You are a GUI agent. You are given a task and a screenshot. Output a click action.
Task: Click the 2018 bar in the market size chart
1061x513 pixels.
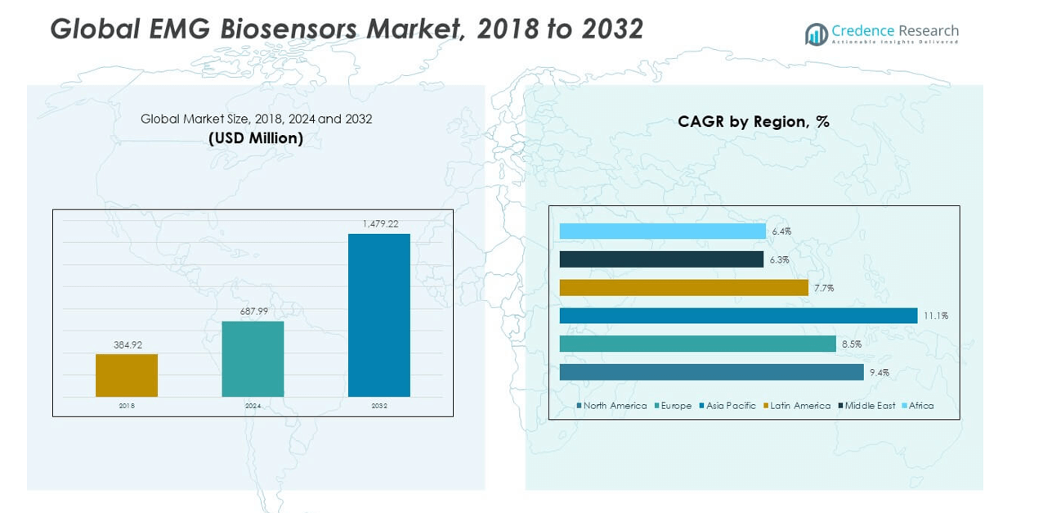[127, 376]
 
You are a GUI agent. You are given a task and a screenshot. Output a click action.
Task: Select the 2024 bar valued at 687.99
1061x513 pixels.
[253, 358]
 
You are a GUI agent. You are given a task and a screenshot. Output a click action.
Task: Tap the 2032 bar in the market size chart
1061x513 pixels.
[379, 315]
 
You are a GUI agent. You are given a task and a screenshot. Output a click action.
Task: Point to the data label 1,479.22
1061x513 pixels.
[379, 223]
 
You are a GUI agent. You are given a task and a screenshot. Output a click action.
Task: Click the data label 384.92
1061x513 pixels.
[127, 344]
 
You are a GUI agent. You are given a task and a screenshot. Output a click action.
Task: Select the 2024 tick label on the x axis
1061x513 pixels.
[253, 406]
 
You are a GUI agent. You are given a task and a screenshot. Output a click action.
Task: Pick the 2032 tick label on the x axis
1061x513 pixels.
[379, 406]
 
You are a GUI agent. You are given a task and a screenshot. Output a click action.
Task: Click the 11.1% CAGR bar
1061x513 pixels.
[738, 316]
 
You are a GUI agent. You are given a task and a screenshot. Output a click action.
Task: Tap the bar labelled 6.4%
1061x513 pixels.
[662, 232]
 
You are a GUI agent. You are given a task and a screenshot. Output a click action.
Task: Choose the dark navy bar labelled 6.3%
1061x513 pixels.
[661, 259]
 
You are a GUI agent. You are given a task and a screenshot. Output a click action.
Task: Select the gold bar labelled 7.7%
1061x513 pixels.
[683, 288]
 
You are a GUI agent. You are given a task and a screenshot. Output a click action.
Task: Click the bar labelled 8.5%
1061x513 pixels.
[697, 344]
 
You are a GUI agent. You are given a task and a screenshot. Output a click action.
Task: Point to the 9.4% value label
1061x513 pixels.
[879, 373]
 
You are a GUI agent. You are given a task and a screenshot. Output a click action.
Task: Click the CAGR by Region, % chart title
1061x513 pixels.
[753, 122]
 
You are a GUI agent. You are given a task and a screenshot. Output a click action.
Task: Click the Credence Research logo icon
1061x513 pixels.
[816, 34]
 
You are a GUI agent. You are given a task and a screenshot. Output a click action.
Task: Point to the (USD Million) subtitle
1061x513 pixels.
[256, 139]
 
